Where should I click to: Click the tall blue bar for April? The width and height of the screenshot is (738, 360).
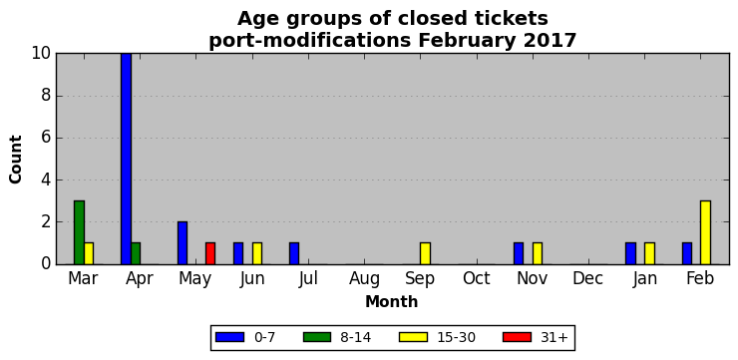point(126,159)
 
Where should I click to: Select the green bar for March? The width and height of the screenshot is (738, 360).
point(79,232)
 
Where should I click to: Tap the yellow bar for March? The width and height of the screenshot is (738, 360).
point(89,253)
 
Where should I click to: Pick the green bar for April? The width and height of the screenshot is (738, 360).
point(136,253)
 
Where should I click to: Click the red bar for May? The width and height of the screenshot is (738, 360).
point(210,253)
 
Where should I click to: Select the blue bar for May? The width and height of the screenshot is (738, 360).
point(183,242)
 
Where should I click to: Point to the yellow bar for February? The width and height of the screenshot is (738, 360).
point(705,232)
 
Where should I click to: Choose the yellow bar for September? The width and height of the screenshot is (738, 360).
point(425,253)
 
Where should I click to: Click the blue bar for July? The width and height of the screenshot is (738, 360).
point(294,253)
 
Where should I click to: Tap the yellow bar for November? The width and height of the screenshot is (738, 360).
point(538,253)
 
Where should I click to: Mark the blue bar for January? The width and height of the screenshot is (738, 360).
point(630,253)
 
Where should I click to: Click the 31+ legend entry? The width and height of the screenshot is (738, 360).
point(536,337)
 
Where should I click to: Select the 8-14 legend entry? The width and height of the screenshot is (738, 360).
point(337,337)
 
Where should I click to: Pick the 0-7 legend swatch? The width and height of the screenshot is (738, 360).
point(229,337)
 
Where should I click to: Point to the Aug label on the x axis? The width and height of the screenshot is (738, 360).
point(364,279)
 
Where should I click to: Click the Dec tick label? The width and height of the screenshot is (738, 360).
point(588,278)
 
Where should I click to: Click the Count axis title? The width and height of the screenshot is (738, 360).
point(16,160)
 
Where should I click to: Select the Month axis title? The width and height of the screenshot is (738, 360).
point(392,301)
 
